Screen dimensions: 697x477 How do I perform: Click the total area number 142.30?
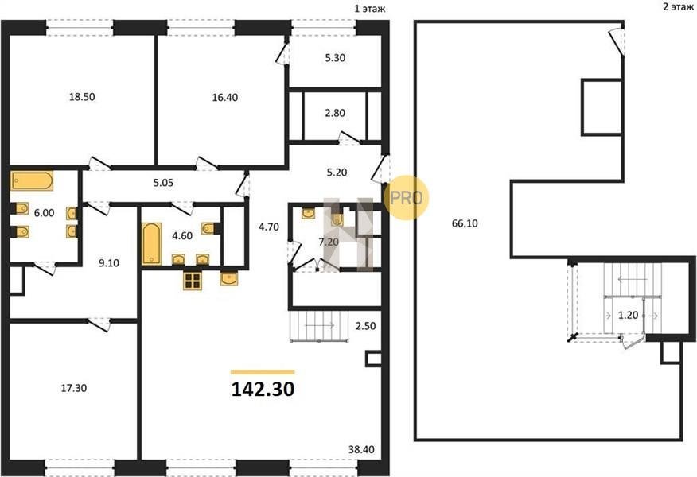click(x=263, y=390)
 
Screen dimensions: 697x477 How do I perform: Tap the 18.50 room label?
click(x=82, y=97)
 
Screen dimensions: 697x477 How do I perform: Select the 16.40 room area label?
click(x=225, y=98)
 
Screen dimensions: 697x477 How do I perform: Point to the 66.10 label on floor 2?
click(x=465, y=223)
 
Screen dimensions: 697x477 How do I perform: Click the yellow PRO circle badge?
click(x=406, y=197)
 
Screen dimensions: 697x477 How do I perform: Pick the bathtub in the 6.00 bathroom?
click(x=32, y=180)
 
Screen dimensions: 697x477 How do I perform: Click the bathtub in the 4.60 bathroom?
click(x=152, y=244)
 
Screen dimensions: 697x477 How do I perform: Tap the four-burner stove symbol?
click(x=193, y=281)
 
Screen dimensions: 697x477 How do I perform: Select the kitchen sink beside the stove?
click(x=229, y=279)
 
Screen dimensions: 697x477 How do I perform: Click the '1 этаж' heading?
click(x=370, y=9)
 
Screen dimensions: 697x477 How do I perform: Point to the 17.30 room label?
click(x=74, y=388)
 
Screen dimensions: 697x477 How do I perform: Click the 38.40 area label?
click(x=361, y=449)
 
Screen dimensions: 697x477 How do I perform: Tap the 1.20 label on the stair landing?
click(x=629, y=316)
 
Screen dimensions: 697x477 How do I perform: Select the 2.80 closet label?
click(x=335, y=113)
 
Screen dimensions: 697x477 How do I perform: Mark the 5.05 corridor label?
click(x=163, y=183)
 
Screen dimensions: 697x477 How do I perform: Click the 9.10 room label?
click(x=109, y=263)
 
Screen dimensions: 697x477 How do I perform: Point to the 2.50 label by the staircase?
click(x=365, y=326)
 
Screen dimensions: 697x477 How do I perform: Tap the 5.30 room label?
click(x=335, y=58)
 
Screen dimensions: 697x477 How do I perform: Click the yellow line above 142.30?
click(x=263, y=372)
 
